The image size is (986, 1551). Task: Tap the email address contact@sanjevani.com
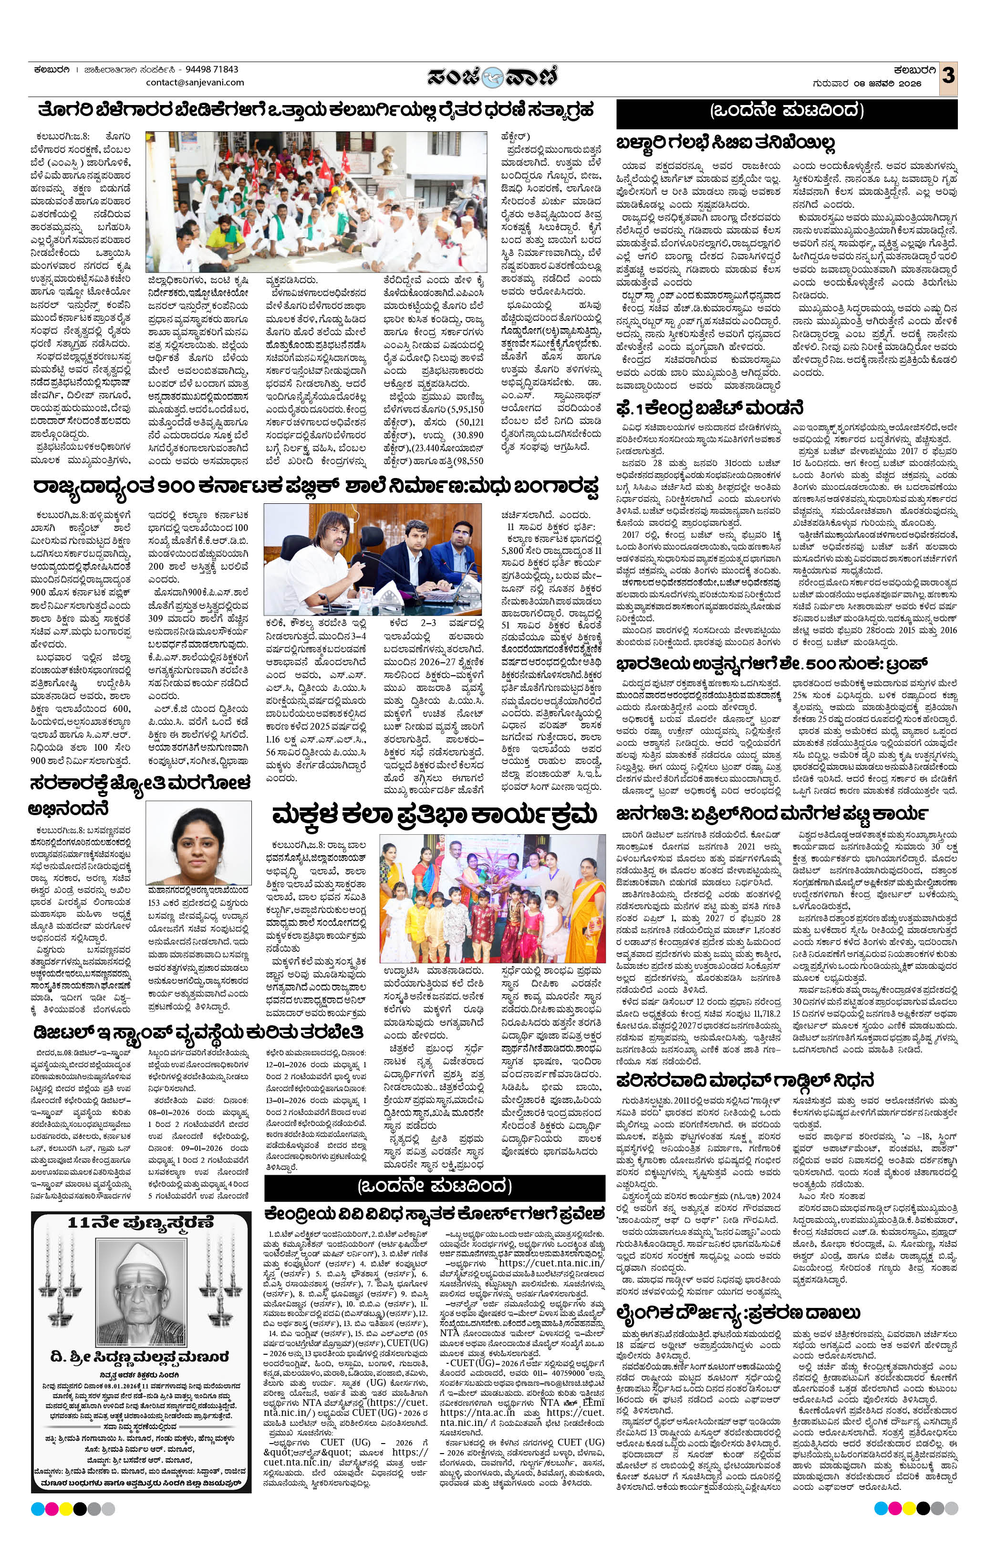[195, 83]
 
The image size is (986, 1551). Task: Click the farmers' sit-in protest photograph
[316, 202]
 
